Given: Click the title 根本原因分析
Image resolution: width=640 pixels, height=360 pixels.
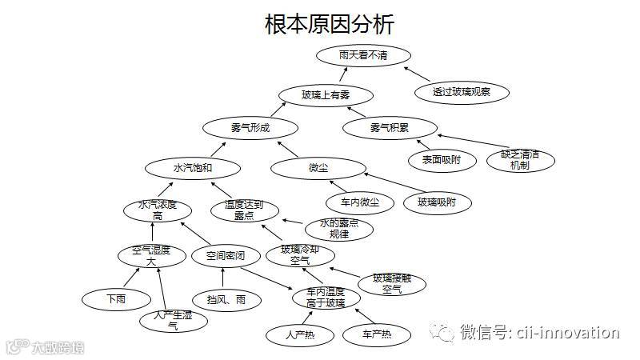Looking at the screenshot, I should tap(329, 24).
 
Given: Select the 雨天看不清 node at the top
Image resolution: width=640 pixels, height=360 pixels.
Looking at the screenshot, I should tap(363, 55).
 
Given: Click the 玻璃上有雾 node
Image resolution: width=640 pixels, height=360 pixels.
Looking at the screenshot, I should tap(326, 95).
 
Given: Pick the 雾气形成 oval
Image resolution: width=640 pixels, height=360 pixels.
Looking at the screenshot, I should tap(250, 128).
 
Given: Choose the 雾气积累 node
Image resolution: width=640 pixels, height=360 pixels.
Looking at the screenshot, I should tap(390, 128).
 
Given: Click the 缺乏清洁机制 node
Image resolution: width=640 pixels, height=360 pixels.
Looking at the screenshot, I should tap(519, 159).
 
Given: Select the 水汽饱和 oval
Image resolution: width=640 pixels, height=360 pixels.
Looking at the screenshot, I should tap(193, 168).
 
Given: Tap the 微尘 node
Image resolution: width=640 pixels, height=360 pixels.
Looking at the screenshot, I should tap(318, 168).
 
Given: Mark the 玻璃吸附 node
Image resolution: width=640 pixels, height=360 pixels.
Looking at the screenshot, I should tap(437, 202).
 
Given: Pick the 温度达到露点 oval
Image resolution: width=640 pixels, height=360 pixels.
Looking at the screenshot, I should tap(246, 210).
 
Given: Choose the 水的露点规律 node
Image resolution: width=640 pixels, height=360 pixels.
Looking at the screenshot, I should tap(339, 230).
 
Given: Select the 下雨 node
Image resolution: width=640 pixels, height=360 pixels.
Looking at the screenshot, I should tap(116, 299).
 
